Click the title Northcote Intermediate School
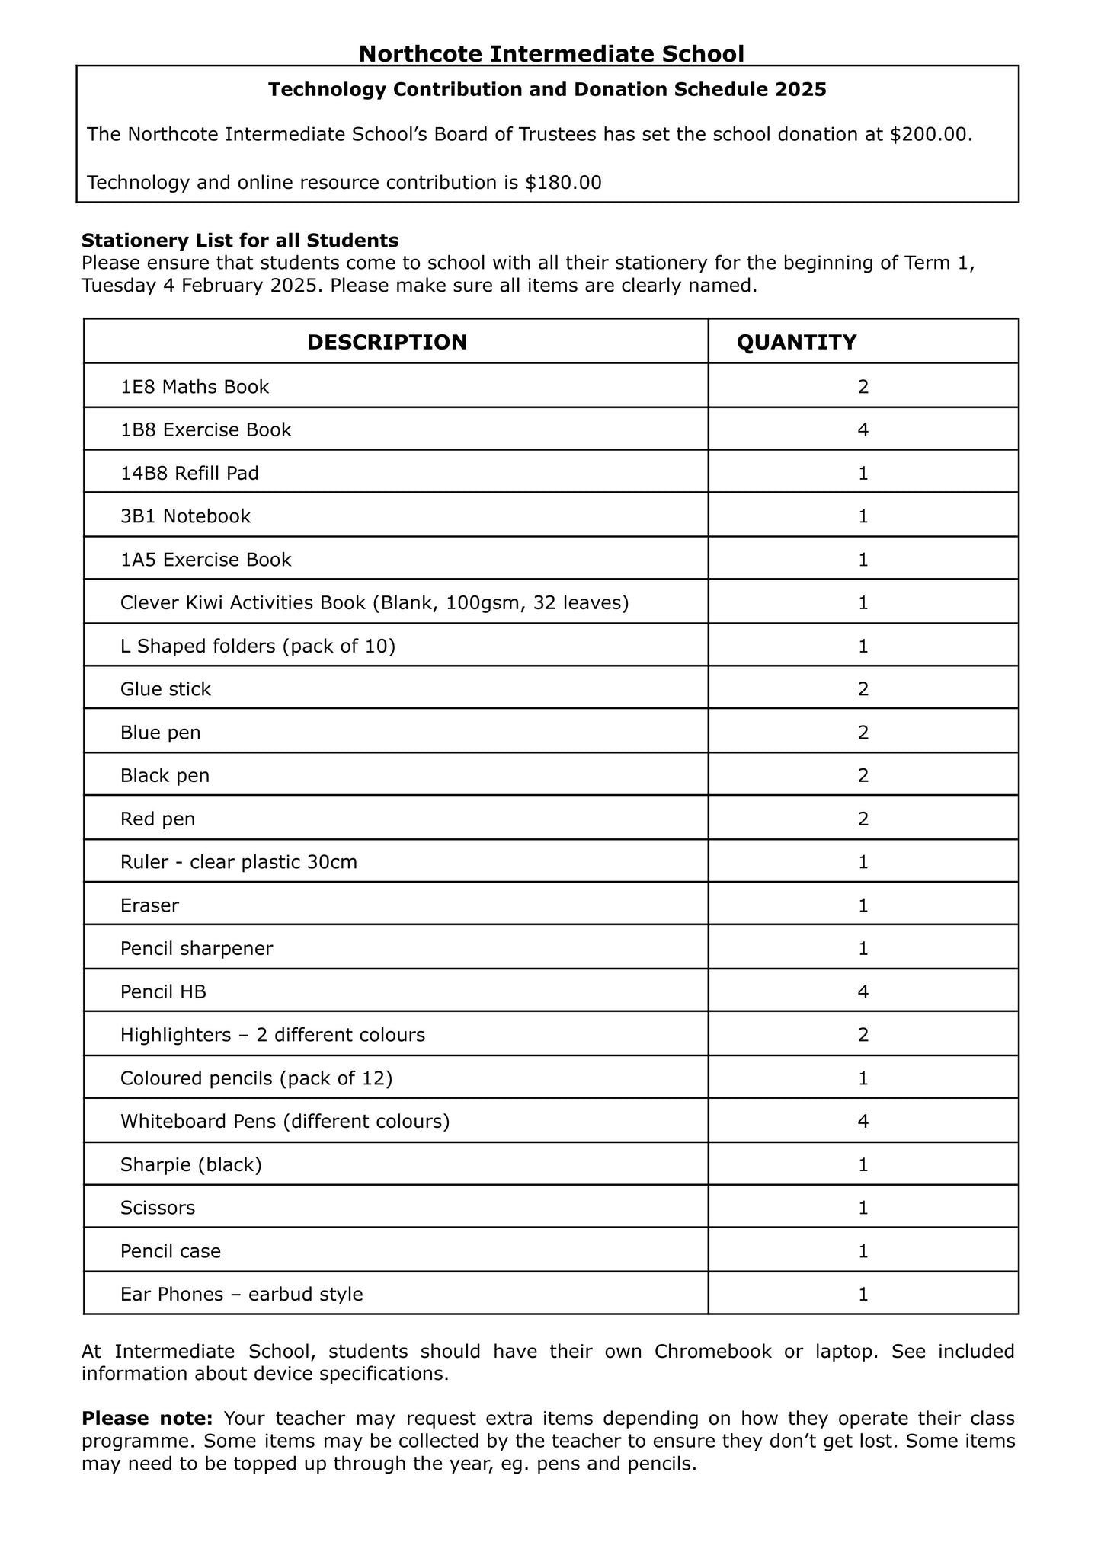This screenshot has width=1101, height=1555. click(x=551, y=54)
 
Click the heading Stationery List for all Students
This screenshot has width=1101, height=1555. click(x=240, y=241)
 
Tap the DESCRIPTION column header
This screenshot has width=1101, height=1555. click(x=387, y=342)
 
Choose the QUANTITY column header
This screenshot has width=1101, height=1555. click(x=796, y=342)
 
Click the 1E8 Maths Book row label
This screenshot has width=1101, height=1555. click(x=194, y=387)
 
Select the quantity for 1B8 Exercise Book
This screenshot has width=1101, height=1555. click(x=863, y=430)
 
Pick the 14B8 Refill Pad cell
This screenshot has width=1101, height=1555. click(x=190, y=474)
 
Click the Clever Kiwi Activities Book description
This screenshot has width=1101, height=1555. click(x=374, y=603)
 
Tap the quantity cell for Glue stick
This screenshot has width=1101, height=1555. click(x=863, y=689)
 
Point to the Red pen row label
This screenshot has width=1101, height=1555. click(x=158, y=819)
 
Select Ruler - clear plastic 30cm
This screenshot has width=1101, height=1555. click(x=238, y=862)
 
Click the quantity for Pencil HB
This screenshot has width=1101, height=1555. click(x=863, y=991)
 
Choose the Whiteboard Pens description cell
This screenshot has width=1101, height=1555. click(x=285, y=1121)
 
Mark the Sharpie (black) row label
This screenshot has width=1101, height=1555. click(x=191, y=1164)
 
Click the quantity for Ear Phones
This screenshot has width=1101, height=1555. click(x=863, y=1294)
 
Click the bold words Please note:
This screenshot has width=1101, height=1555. click(x=147, y=1419)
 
